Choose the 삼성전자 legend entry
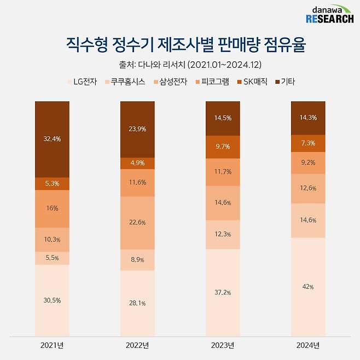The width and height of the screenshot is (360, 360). pos(170,82)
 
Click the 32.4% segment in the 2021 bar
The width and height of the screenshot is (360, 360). pos(52,139)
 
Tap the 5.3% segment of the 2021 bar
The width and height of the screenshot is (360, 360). pos(52,183)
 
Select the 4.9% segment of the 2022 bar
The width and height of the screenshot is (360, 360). pos(137,163)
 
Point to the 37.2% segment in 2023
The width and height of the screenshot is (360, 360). pos(223,293)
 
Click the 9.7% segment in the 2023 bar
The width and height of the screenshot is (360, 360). pos(223,147)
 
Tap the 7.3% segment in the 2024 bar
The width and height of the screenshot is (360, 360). pos(308,143)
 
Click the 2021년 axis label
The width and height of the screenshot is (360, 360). pos(52,345)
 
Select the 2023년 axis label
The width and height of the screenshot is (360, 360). pos(223,345)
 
